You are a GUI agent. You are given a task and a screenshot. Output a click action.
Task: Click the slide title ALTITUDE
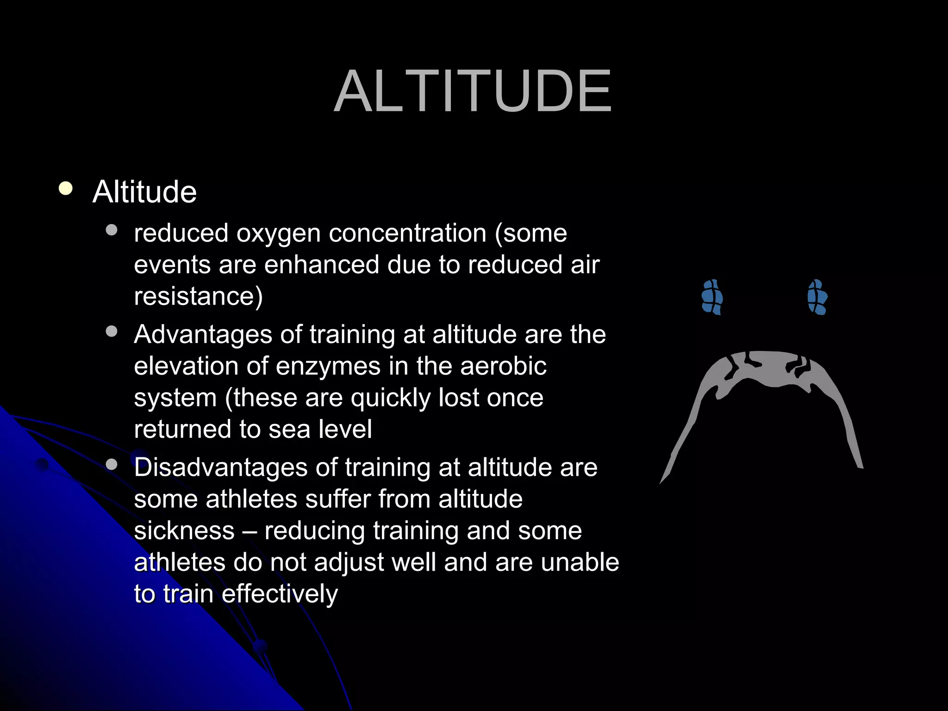473,91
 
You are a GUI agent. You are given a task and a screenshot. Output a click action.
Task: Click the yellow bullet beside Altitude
66,189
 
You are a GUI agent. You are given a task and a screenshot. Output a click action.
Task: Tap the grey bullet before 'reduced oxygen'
112,230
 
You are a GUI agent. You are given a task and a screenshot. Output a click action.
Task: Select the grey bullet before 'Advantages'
112,331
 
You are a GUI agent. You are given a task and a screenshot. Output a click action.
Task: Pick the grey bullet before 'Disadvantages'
112,464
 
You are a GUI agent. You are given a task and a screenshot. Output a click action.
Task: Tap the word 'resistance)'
198,296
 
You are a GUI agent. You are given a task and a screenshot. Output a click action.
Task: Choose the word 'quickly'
390,398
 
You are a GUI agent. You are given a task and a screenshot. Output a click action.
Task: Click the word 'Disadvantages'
220,468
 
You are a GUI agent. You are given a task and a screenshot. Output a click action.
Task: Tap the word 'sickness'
184,530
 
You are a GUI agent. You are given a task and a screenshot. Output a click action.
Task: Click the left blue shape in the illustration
712,297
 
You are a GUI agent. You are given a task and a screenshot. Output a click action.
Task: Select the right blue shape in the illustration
817,297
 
